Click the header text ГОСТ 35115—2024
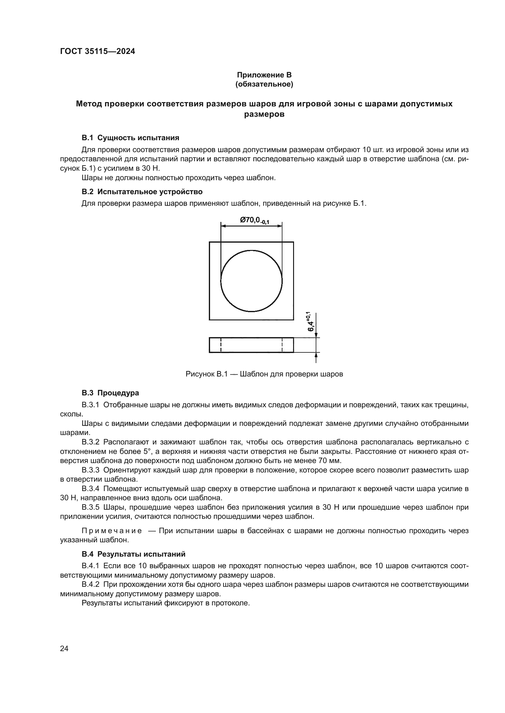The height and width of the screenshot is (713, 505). click(97, 51)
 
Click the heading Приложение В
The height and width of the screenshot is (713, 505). click(264, 75)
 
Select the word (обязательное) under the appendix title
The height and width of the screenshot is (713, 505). click(264, 84)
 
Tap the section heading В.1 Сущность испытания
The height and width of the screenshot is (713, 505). click(130, 137)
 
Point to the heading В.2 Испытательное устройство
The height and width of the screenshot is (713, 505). click(142, 192)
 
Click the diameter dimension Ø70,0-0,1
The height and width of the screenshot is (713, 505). click(254, 220)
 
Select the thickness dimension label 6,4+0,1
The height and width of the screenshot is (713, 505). click(311, 321)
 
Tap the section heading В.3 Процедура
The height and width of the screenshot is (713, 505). click(110, 393)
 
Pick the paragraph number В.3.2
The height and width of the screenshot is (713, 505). click(90, 442)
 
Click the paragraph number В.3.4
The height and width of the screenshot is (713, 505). click(90, 488)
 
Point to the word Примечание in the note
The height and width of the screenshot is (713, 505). click(112, 531)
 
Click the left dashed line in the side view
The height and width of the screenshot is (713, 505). click(221, 345)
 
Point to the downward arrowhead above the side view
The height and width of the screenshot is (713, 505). click(316, 335)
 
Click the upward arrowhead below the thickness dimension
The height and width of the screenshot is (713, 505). click(316, 355)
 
